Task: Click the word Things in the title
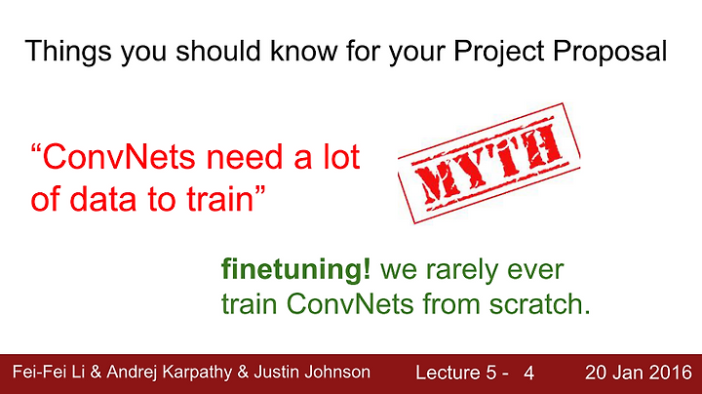(68, 51)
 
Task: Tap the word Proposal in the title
(610, 51)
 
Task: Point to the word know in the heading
(303, 50)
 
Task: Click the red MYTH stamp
(488, 163)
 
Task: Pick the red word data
(103, 199)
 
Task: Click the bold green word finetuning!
(296, 269)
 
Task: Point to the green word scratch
(539, 304)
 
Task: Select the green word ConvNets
(350, 304)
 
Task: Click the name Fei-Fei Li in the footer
(49, 372)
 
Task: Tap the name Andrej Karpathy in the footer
(170, 373)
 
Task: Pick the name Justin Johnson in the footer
(312, 372)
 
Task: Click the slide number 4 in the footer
(528, 373)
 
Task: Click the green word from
(451, 304)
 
